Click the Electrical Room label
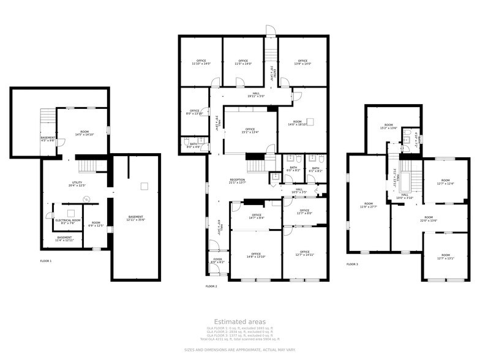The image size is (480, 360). pyautogui.click(x=68, y=222)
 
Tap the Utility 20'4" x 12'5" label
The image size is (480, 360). pyautogui.click(x=77, y=184)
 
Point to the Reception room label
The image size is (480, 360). pyautogui.click(x=237, y=181)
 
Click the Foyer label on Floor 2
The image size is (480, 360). pyautogui.click(x=217, y=261)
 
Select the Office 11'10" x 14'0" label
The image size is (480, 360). pyautogui.click(x=201, y=62)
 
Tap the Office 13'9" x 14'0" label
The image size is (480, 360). pyautogui.click(x=302, y=62)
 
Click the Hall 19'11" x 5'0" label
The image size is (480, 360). pyautogui.click(x=255, y=95)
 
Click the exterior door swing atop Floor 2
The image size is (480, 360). pyautogui.click(x=271, y=31)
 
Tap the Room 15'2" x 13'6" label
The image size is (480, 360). pyautogui.click(x=389, y=127)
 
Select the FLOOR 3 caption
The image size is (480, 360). pyautogui.click(x=352, y=264)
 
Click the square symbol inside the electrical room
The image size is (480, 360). pyautogui.click(x=71, y=213)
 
